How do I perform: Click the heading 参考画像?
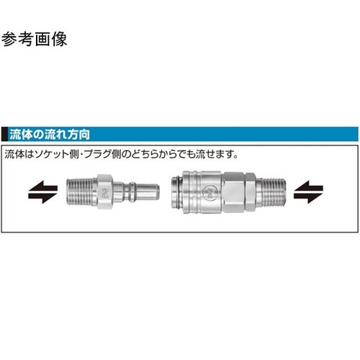[x=34, y=39]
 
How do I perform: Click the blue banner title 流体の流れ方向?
[x=50, y=135]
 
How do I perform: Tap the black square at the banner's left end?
[x=4, y=134]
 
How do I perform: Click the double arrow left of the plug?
[x=43, y=192]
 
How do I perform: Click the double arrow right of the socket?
[x=308, y=192]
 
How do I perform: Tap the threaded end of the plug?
[x=81, y=192]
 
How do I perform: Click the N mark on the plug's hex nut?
[x=105, y=193]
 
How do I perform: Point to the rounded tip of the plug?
[x=156, y=192]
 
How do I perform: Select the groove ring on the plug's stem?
[x=132, y=192]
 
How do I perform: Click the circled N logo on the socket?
[x=210, y=192]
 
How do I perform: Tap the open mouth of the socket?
[x=176, y=192]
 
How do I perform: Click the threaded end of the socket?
[x=271, y=192]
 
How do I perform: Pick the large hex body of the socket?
[x=233, y=192]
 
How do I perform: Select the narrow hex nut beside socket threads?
[x=250, y=192]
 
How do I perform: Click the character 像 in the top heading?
[x=59, y=39]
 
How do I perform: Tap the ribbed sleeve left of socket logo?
[x=192, y=192]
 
